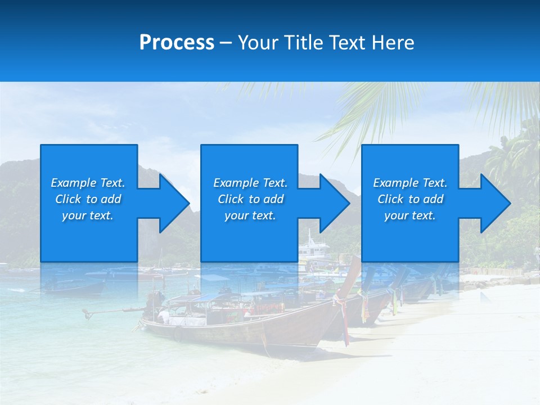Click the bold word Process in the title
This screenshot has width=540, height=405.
click(x=177, y=43)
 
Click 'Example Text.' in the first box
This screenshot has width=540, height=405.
click(x=88, y=183)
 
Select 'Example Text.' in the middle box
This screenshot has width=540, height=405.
click(x=250, y=183)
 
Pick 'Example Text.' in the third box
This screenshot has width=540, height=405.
click(x=410, y=183)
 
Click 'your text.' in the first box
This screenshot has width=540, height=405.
click(x=88, y=215)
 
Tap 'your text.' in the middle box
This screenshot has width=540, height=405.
click(x=250, y=215)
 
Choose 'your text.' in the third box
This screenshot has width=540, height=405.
click(x=410, y=215)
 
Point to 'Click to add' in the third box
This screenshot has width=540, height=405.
click(x=410, y=199)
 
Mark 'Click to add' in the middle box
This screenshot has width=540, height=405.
click(x=250, y=199)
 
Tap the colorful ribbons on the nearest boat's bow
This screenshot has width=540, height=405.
click(x=341, y=315)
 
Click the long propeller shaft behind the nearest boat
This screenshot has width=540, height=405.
click(x=112, y=310)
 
